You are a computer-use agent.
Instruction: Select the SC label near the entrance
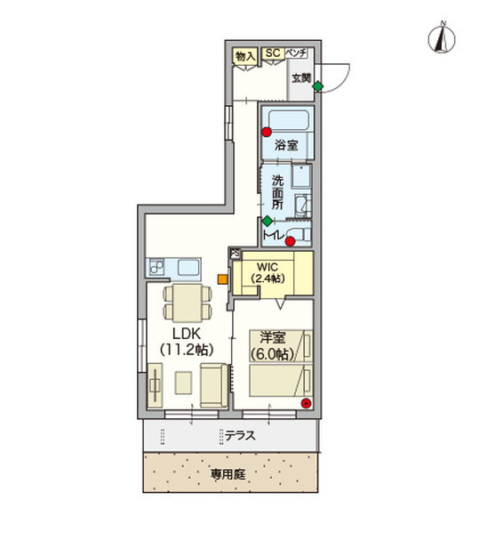click(272, 53)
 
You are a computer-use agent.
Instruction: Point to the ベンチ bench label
click(296, 53)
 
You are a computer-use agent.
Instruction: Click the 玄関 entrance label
click(301, 77)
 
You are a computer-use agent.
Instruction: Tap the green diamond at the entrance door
click(317, 86)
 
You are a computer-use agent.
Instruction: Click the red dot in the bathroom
click(266, 133)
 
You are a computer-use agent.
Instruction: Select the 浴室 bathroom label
click(285, 144)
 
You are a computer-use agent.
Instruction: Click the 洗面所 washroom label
click(279, 191)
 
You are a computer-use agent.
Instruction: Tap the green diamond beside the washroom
click(267, 220)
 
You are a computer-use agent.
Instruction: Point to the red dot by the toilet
click(290, 239)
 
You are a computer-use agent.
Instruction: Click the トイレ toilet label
click(273, 236)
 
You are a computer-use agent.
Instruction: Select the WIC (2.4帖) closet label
click(267, 272)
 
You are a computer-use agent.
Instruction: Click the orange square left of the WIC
click(222, 279)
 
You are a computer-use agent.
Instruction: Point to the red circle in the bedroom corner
click(307, 403)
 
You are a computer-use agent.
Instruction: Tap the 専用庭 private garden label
click(228, 474)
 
